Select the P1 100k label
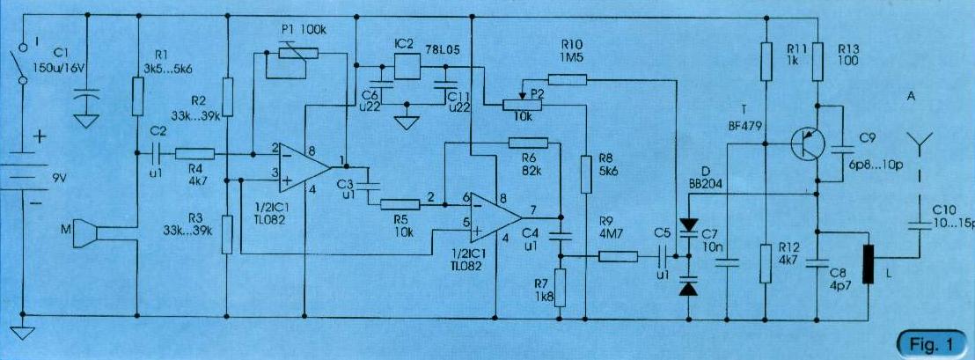(x=304, y=29)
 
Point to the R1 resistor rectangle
(x=138, y=96)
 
